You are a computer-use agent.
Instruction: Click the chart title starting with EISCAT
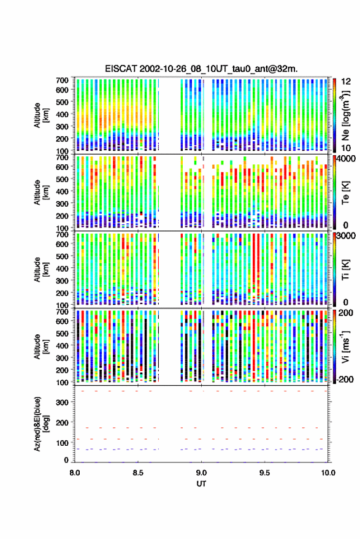coord(202,69)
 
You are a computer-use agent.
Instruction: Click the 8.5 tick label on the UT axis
coord(138,473)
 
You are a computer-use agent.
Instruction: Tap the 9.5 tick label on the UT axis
coord(265,473)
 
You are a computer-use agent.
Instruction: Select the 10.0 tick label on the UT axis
coord(328,473)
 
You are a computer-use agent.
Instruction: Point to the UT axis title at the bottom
coord(202,484)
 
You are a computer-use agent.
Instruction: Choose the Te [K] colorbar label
coord(345,193)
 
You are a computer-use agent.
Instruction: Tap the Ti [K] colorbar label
coord(345,270)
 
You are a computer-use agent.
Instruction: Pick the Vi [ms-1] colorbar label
coord(345,346)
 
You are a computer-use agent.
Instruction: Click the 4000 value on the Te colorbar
coord(346,159)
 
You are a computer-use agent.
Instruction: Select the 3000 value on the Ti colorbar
coord(346,236)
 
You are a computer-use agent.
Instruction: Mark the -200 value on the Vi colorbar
coord(345,380)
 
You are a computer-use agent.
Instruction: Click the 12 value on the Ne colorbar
coord(346,82)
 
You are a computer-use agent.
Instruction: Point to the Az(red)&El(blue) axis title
coord(41,424)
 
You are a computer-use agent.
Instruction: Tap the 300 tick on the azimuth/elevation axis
coord(62,402)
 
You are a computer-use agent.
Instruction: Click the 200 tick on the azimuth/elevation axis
coord(62,422)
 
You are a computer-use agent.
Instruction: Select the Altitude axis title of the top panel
coord(41,115)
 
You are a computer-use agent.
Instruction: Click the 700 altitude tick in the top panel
coord(62,80)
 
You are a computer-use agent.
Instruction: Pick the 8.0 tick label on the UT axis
coord(75,473)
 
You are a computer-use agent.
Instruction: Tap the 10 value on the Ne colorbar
coord(346,148)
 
